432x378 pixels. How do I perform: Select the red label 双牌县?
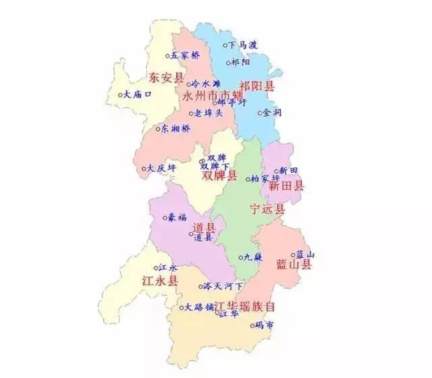220,176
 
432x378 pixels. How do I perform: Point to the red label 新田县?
286,184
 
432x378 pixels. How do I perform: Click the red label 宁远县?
267,209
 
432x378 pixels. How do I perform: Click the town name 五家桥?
186,55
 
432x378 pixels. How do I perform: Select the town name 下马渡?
243,46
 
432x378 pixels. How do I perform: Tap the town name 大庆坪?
163,168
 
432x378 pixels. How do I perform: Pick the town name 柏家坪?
265,180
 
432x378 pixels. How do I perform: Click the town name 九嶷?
254,257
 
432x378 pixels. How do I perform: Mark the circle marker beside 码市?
252,325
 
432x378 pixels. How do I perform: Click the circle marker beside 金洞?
261,113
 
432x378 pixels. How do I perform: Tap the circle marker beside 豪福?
164,218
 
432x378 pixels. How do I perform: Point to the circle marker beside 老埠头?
191,113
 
